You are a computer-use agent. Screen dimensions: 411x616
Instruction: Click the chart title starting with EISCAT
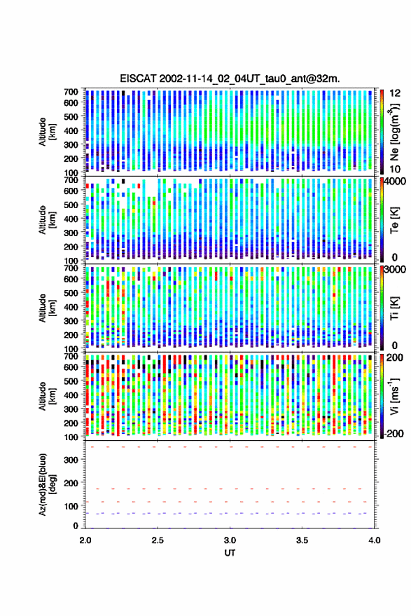click(230, 78)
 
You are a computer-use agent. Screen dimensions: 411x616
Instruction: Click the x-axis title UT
click(230, 553)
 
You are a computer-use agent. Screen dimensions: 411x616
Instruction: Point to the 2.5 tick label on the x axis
click(158, 540)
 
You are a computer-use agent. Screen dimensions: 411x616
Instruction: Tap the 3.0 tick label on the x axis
click(230, 540)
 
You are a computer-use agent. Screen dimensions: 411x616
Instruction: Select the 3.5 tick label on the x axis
click(302, 540)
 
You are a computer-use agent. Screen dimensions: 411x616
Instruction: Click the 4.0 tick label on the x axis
click(375, 540)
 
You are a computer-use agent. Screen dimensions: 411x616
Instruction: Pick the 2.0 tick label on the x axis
click(85, 540)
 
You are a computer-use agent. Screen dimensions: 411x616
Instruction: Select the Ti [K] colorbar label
click(394, 308)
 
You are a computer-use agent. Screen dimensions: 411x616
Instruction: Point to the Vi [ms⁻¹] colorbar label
click(395, 396)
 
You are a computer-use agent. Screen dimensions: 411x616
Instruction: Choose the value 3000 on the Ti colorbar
click(395, 270)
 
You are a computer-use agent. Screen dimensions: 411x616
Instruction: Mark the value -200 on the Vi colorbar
click(393, 434)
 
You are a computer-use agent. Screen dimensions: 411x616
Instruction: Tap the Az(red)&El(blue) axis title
click(47, 484)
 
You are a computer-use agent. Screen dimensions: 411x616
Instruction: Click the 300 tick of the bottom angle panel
click(71, 460)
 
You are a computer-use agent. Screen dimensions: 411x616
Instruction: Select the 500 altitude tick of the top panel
click(71, 116)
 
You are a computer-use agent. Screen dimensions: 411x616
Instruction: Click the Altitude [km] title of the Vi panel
click(47, 396)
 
